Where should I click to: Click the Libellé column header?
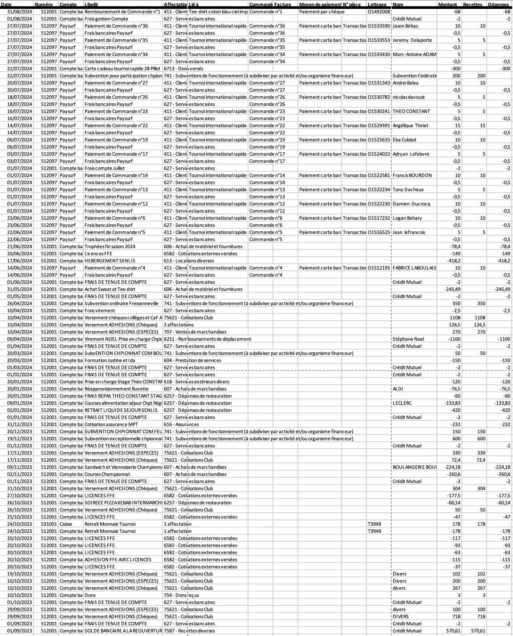pyautogui.click(x=91, y=4)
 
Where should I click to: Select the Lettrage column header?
pyautogui.click(x=377, y=4)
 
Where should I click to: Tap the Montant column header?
pyautogui.click(x=447, y=4)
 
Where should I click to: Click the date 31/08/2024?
pyautogui.click(x=20, y=12)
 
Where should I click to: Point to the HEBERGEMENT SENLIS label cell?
pyautogui.click(x=110, y=261)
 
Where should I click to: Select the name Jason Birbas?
pyautogui.click(x=405, y=26)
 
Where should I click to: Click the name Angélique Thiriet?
pyautogui.click(x=410, y=125)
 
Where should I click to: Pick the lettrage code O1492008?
pyautogui.click(x=379, y=12)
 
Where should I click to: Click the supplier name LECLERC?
pyautogui.click(x=402, y=403)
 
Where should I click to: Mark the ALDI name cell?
pyautogui.click(x=398, y=389)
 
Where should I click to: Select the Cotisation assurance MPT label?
pyautogui.click(x=111, y=424)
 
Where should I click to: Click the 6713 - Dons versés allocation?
pyautogui.click(x=183, y=68)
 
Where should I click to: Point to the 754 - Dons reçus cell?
pyautogui.click(x=181, y=595)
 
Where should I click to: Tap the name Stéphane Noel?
pyautogui.click(x=408, y=339)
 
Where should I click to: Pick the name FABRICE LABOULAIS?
pyautogui.click(x=414, y=268)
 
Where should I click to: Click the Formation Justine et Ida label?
pyautogui.click(x=110, y=360)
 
